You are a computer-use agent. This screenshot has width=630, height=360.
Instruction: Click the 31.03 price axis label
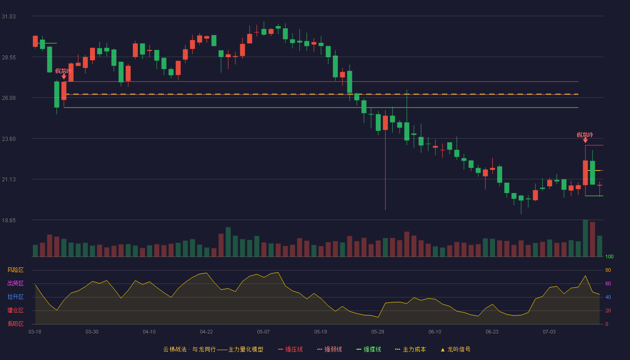[9, 17]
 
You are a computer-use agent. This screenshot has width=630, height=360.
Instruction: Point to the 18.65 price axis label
[9, 220]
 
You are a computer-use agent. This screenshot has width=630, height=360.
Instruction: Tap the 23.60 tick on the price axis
[9, 139]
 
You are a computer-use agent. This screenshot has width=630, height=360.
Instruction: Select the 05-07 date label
[263, 332]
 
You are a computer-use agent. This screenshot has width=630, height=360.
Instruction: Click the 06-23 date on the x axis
[492, 332]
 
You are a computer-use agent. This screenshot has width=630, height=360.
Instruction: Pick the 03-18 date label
[35, 332]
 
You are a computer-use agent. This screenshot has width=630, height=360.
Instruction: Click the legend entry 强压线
[290, 349]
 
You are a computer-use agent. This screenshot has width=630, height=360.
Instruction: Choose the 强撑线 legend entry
[369, 349]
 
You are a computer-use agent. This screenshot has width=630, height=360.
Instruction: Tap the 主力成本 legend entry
[410, 349]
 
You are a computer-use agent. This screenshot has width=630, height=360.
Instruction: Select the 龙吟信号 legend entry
[455, 349]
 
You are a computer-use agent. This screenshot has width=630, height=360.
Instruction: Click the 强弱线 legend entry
[329, 349]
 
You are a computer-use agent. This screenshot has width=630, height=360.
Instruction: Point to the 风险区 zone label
[15, 270]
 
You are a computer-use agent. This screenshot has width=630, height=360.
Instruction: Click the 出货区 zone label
[15, 283]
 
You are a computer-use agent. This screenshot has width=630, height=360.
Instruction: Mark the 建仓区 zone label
[15, 310]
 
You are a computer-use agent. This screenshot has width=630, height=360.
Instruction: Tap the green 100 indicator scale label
[609, 256]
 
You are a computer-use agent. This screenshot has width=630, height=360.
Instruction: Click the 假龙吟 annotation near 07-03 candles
[585, 135]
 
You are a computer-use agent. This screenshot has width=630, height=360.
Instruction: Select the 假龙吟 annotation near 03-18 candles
[63, 71]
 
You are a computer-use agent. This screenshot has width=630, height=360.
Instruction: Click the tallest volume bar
[585, 238]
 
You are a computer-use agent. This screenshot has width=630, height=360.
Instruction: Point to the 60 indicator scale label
[608, 283]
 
